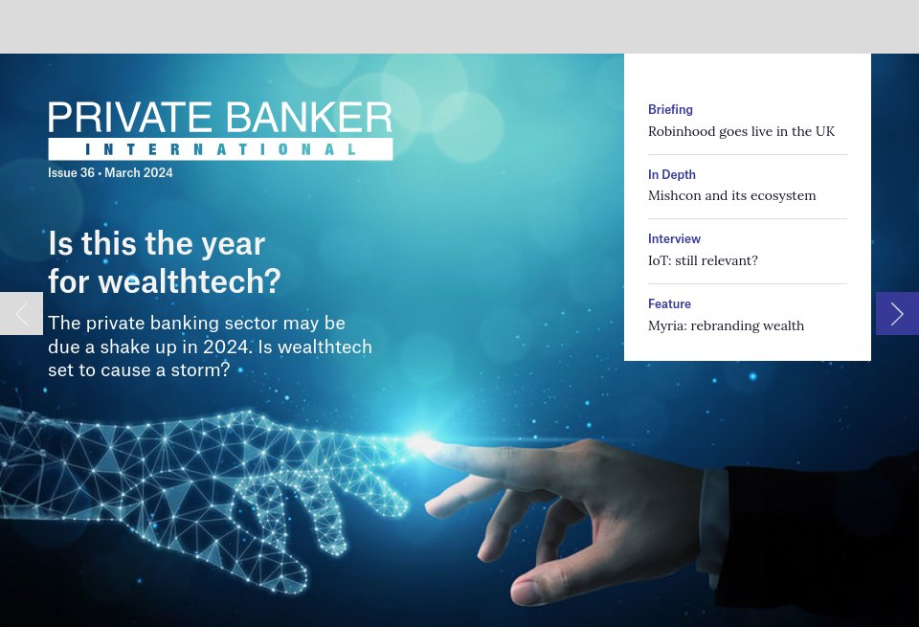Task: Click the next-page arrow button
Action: tap(897, 314)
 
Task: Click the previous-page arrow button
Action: tap(21, 314)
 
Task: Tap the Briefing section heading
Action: tap(670, 110)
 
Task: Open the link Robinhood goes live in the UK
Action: tap(741, 131)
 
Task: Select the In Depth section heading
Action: tap(672, 174)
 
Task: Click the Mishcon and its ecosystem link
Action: tap(731, 195)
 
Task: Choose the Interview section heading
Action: tap(674, 238)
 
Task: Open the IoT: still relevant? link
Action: tap(703, 260)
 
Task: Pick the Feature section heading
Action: tap(669, 303)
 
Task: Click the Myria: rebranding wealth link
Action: tap(726, 325)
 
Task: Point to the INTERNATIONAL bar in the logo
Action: tap(220, 149)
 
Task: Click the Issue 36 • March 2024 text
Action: tap(110, 173)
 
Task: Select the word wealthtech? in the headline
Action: tap(189, 281)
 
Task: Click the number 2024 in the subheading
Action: tap(226, 347)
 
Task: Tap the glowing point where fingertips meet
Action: tap(421, 442)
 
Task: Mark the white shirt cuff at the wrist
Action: tap(714, 507)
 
